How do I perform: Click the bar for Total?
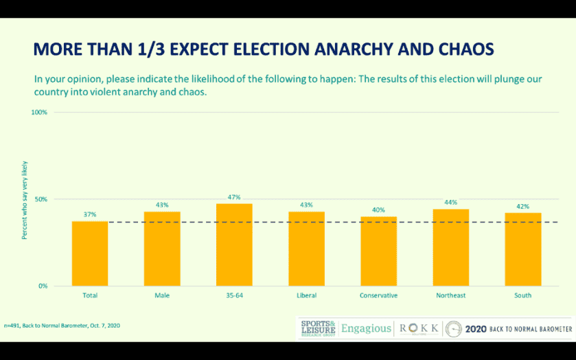[x=90, y=253]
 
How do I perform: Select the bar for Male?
[x=162, y=248]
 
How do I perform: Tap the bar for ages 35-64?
[x=234, y=245]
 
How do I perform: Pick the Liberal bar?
[x=306, y=248]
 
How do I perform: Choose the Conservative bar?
[x=378, y=251]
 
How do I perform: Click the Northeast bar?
[x=450, y=247]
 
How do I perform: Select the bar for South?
[x=522, y=249]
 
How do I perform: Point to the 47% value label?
[x=234, y=197]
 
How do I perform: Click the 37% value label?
[x=90, y=214]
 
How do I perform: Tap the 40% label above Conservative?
[x=378, y=210]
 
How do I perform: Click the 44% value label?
[x=450, y=202]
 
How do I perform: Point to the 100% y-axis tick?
[x=40, y=112]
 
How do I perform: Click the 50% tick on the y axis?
[x=41, y=199]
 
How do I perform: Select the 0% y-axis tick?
[x=43, y=286]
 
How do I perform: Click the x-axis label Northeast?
[x=450, y=295]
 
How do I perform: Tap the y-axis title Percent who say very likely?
[x=25, y=207]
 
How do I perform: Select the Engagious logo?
[x=366, y=328]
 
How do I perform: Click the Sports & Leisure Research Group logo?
[x=319, y=328]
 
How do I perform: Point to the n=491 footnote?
[x=62, y=325]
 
